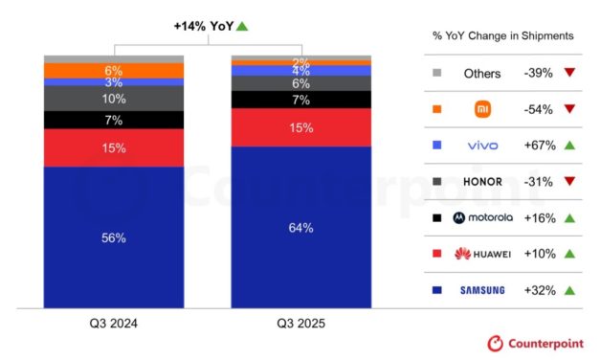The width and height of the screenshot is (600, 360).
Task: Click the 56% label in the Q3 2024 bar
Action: click(x=115, y=238)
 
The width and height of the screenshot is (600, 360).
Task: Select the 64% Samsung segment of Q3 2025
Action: click(x=300, y=227)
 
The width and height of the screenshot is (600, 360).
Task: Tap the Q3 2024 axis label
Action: click(x=115, y=325)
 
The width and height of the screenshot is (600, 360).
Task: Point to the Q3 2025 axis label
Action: click(x=300, y=325)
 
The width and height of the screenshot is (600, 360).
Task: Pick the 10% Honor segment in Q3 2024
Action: click(x=115, y=99)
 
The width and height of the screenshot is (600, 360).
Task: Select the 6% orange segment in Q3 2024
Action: click(x=115, y=71)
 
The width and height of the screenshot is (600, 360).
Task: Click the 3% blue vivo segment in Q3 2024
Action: click(x=115, y=83)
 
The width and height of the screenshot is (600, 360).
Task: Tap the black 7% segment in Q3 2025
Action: click(x=300, y=100)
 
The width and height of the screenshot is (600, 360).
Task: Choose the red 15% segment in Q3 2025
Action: click(x=300, y=127)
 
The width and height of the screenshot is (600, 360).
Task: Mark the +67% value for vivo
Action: click(x=541, y=145)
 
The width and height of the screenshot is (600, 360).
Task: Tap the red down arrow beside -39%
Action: click(x=570, y=73)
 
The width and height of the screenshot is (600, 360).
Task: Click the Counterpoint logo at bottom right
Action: click(x=537, y=343)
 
